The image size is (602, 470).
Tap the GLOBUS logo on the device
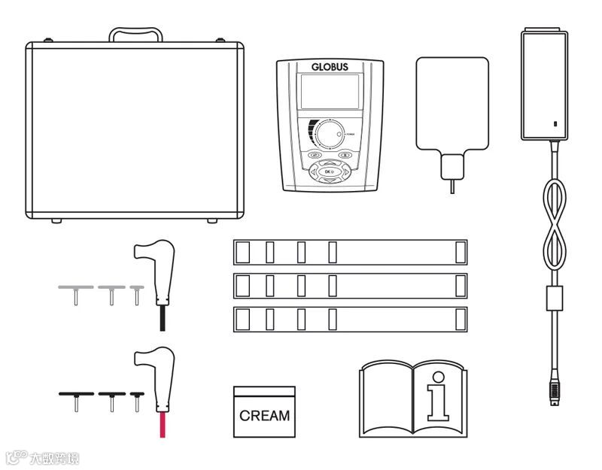(x=330, y=67)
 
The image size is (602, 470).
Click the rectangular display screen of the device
(x=329, y=96)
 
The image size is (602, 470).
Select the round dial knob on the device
(x=329, y=135)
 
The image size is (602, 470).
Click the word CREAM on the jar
(x=264, y=415)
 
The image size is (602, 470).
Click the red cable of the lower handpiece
(x=161, y=425)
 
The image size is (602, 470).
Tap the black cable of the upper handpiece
(x=161, y=317)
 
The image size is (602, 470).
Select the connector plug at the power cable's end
(x=555, y=392)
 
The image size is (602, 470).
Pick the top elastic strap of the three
(x=350, y=252)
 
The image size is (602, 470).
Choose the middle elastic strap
(x=350, y=285)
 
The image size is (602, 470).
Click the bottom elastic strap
(x=350, y=319)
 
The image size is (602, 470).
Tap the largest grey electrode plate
(x=75, y=287)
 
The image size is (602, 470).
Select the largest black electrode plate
(x=75, y=393)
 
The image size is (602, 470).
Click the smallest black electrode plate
(x=136, y=393)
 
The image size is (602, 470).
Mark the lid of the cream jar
(x=264, y=392)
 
